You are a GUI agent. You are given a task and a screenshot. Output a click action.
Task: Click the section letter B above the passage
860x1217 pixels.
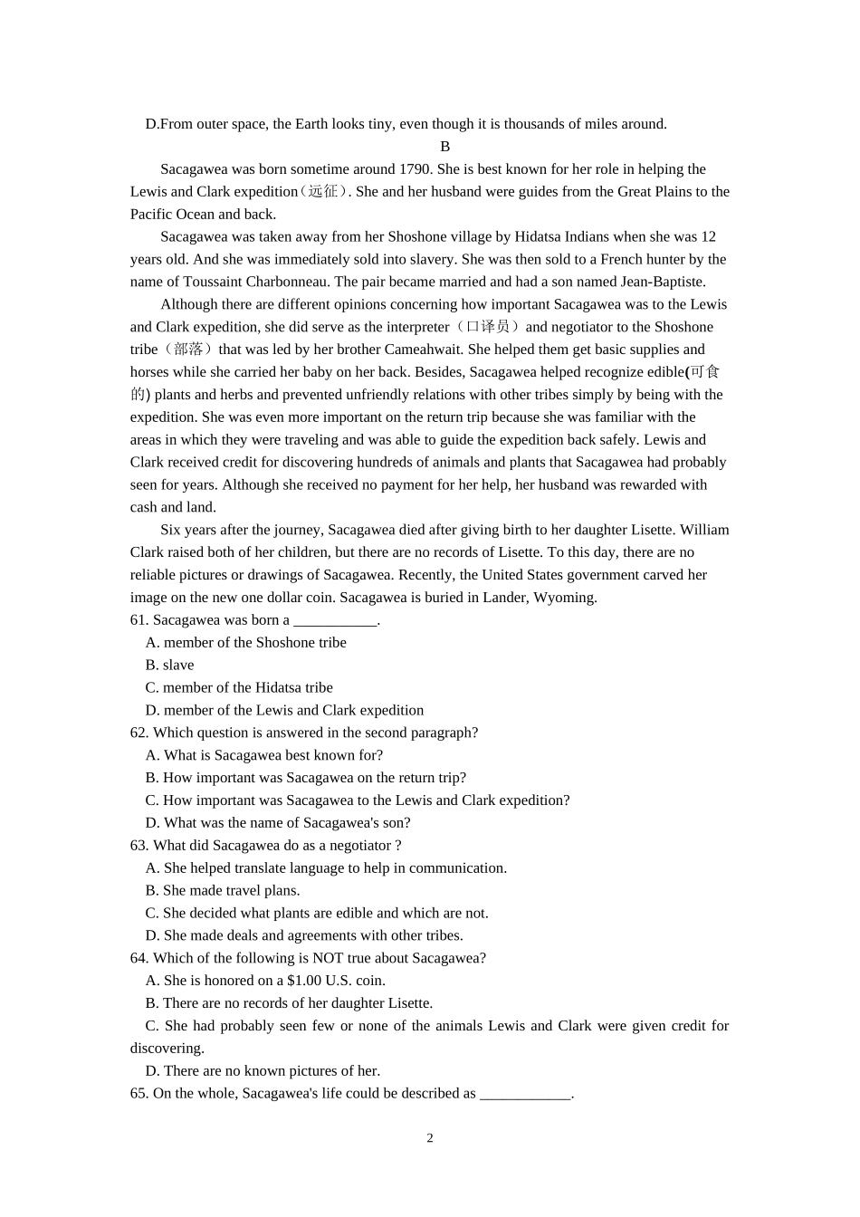444,147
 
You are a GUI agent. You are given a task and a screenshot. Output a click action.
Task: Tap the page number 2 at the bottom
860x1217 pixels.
430,1138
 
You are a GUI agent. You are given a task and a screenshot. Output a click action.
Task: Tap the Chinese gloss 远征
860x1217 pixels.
323,192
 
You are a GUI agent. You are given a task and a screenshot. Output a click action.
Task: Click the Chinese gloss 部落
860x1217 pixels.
188,350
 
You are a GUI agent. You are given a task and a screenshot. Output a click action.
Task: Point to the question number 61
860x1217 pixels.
139,620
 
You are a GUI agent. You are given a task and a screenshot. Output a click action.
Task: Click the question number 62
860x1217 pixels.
139,733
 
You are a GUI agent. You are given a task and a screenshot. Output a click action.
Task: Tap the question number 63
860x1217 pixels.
139,846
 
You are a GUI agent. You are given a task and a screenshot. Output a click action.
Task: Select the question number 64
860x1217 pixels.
139,958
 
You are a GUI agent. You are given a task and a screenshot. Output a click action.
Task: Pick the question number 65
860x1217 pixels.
139,1094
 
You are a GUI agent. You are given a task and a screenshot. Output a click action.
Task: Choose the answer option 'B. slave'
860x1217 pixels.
169,666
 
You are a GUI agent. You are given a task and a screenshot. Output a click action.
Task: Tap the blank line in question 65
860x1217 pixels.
525,1096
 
